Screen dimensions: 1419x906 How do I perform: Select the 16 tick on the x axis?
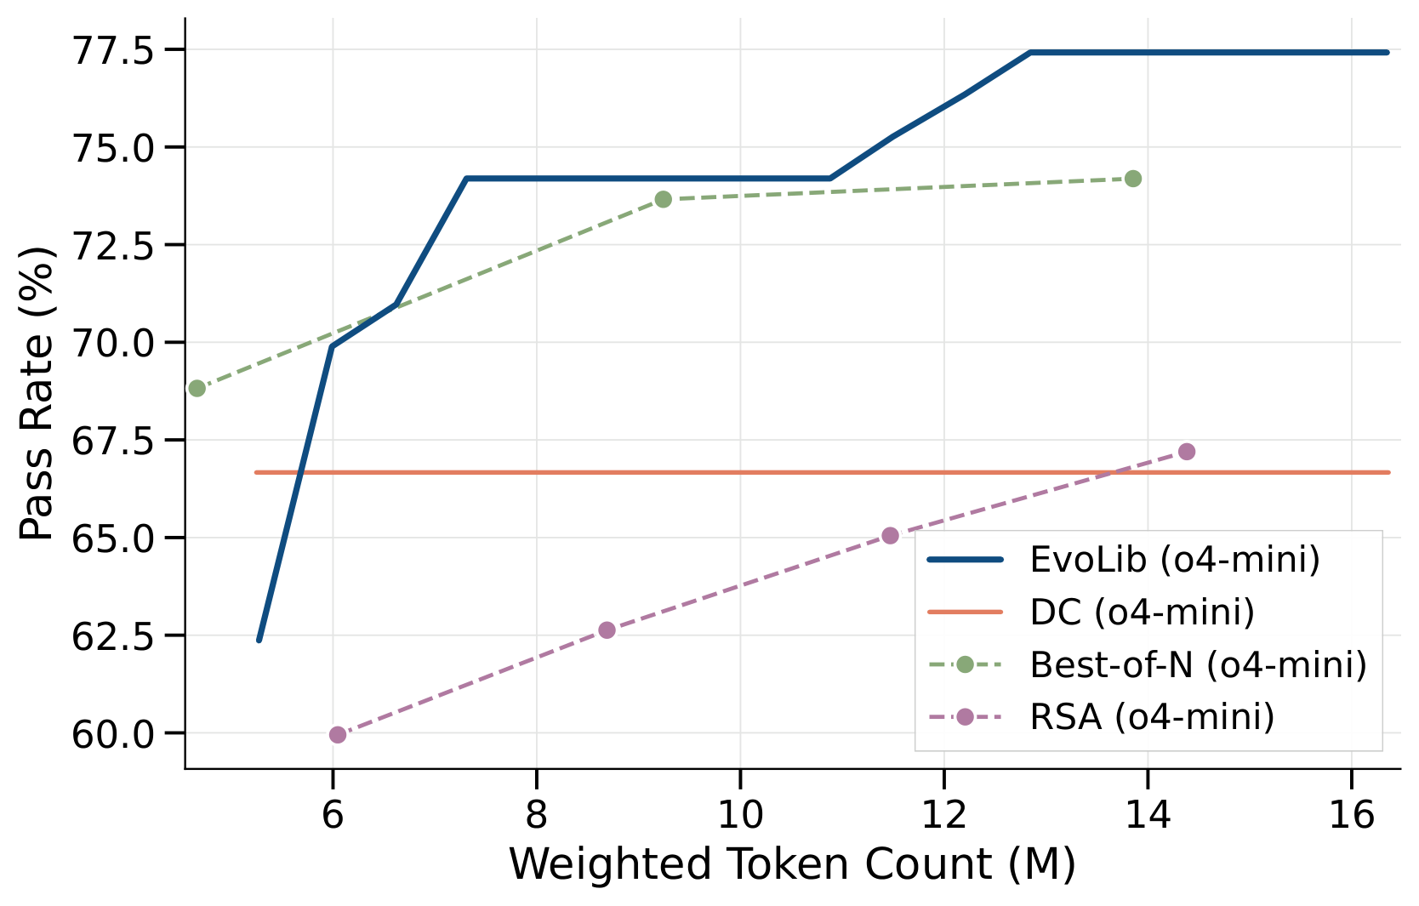point(1351,814)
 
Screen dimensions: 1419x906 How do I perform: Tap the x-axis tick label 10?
point(740,814)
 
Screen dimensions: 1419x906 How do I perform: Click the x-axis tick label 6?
point(333,814)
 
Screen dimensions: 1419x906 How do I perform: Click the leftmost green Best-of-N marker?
point(197,389)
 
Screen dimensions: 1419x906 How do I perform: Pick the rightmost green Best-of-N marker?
point(1133,179)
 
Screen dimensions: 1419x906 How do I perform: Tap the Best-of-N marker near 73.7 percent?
point(664,200)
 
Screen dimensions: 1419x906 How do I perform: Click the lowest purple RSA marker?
point(338,735)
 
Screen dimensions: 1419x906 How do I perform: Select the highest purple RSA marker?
point(1187,452)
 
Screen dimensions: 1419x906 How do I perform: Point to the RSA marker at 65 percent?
point(891,536)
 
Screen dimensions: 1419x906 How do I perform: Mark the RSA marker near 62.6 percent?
point(607,630)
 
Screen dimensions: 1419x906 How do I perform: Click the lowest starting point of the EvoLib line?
point(259,641)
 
